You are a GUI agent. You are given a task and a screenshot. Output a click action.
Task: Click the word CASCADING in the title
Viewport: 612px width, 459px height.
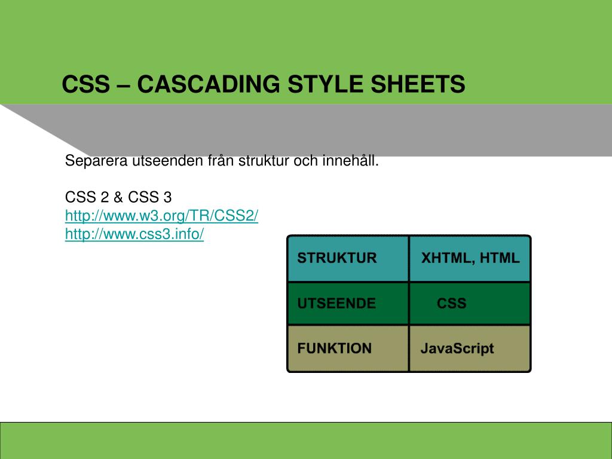tap(209, 84)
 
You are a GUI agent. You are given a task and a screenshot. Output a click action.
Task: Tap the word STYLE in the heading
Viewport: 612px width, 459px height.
tap(326, 84)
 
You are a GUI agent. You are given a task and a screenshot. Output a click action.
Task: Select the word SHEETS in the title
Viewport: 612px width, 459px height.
tap(418, 84)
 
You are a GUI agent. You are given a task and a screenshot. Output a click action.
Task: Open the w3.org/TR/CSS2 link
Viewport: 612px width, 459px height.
tap(161, 215)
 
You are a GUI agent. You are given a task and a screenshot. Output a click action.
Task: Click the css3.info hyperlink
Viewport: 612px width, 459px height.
tap(134, 234)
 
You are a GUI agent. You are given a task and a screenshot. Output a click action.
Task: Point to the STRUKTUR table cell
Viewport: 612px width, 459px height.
tap(348, 258)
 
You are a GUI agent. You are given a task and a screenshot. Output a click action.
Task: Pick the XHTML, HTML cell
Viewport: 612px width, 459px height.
tap(470, 258)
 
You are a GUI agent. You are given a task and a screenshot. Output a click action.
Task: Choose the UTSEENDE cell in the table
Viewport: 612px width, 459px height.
tap(348, 303)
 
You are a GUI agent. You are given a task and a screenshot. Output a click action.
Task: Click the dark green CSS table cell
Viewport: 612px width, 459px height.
tap(470, 303)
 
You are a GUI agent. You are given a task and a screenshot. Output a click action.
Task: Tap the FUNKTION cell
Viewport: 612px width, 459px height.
tap(348, 348)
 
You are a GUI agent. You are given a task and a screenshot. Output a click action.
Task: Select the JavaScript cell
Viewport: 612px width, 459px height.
tap(470, 348)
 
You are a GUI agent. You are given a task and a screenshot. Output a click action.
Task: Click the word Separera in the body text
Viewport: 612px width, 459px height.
tap(96, 161)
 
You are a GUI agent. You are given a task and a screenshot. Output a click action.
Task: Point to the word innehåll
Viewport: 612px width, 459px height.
tap(350, 160)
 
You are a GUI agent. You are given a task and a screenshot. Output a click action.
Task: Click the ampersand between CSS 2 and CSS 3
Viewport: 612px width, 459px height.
tap(118, 197)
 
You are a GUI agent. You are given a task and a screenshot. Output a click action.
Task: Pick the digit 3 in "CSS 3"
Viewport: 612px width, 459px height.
tap(167, 197)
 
